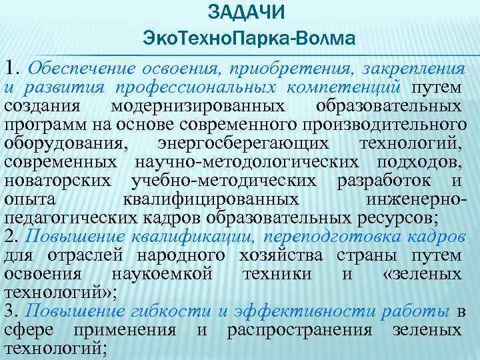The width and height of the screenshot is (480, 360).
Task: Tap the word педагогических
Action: click(x=61, y=217)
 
